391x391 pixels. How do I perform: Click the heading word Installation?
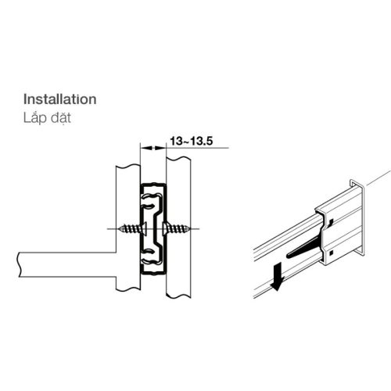[60, 99]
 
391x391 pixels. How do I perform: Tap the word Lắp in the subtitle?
[34, 118]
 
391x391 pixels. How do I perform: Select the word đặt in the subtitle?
[61, 118]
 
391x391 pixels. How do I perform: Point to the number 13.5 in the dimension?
[202, 142]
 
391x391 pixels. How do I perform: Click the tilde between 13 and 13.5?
[186, 142]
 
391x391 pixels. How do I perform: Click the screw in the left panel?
[132, 229]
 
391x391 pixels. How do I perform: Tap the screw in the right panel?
[176, 229]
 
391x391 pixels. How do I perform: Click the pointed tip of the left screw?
[119, 229]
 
